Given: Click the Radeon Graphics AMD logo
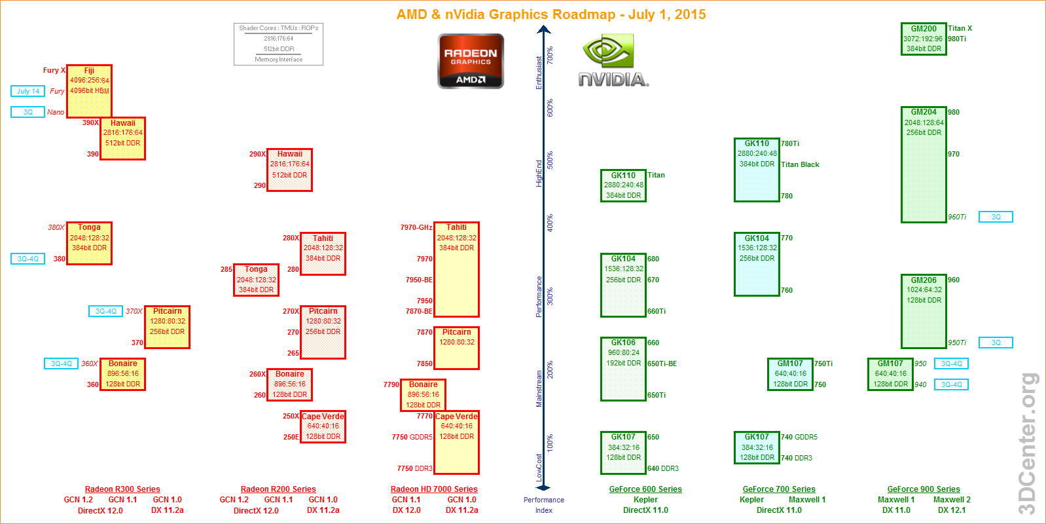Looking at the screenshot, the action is pos(470,61).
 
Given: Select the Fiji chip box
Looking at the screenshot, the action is pos(89,90).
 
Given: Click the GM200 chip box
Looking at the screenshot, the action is pos(924,39).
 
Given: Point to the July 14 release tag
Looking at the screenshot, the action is pos(28,91).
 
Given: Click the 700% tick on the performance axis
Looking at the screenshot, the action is pos(550,56).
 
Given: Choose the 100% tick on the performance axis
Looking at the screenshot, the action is pos(550,443).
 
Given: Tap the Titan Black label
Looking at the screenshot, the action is pos(800,164).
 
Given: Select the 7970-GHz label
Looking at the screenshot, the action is pos(416,228).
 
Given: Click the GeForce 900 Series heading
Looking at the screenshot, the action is pos(923,489).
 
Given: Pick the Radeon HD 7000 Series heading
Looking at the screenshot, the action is pos(434,489).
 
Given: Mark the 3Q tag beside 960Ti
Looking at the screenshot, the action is pos(996,217).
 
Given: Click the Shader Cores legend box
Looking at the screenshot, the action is pos(278,44).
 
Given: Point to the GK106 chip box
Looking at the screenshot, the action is pos(623,369).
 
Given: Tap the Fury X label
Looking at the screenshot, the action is pos(54,70).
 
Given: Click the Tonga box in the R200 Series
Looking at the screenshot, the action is pos(257,280).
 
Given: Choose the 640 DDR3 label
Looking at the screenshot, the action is pos(663,468).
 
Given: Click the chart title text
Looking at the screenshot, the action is pos(551,14).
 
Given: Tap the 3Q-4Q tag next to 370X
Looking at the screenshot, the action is pos(106,311).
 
